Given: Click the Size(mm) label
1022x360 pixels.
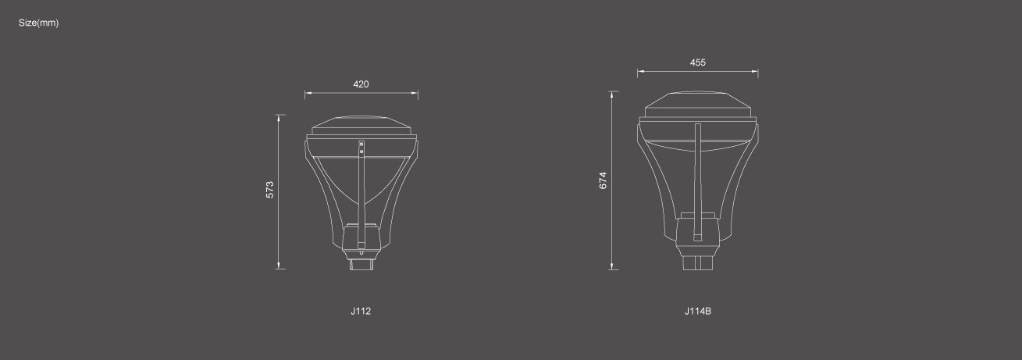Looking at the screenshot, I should coord(38,23).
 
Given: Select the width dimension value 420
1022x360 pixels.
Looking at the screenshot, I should coord(361,84).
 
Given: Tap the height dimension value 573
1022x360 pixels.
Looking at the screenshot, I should coord(270,190).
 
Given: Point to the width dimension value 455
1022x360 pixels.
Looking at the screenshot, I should coord(697,62).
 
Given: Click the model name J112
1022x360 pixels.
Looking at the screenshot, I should coord(361,311).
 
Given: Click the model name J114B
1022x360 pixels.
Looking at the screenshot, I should coord(697,311).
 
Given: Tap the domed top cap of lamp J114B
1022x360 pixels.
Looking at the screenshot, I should coord(697,104).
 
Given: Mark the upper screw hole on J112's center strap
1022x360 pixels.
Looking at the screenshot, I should coord(361,144).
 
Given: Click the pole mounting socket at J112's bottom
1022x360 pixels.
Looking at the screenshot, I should coord(361,262).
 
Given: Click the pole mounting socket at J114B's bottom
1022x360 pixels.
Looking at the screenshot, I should coord(697,262).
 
